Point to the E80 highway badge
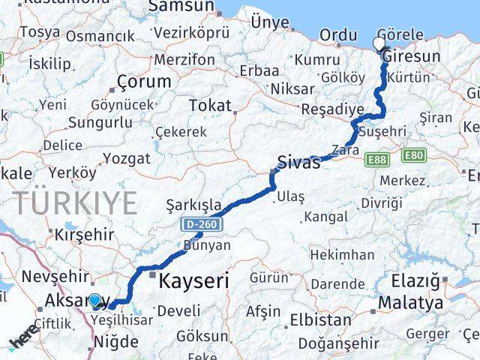coord(414,155)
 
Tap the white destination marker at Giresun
coord(379,44)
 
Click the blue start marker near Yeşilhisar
coord(95,301)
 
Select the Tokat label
coord(210,105)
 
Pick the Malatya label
coord(410,303)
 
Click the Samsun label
coord(181,7)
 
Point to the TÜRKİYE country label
coord(75,203)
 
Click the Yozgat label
coord(127,158)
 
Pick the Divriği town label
coord(381,203)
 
